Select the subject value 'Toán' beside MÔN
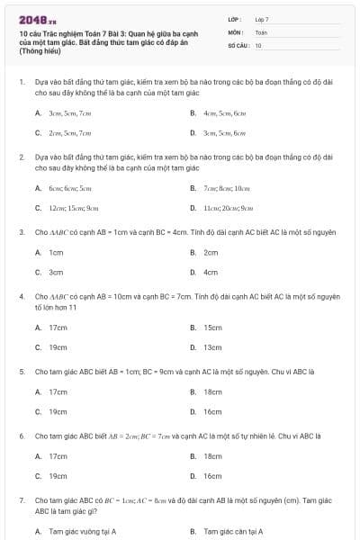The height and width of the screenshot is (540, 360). (261, 31)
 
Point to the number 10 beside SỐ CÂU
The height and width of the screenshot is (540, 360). (258, 44)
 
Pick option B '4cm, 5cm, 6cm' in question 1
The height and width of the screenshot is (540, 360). (224, 113)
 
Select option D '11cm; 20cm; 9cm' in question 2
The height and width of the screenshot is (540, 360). (228, 208)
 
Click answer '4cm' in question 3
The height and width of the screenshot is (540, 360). (211, 272)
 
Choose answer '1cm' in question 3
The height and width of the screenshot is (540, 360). (56, 253)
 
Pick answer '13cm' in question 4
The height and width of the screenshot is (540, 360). (212, 347)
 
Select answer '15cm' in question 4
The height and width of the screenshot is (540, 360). (212, 328)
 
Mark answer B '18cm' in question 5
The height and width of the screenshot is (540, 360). (212, 391)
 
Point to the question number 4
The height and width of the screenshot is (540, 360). (21, 295)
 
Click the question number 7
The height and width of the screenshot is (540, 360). (21, 499)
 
